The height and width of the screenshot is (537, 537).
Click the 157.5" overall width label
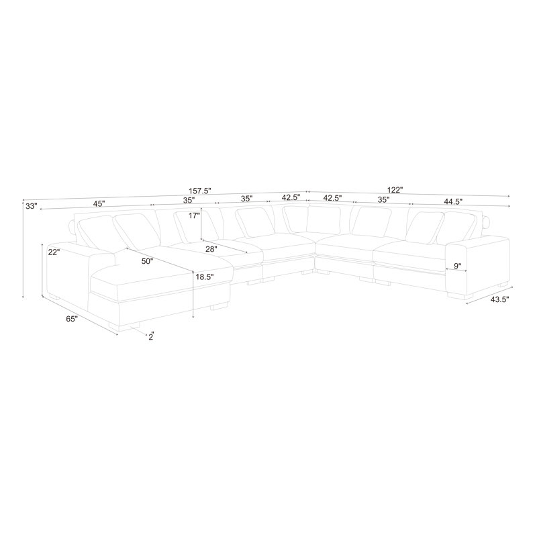(x=200, y=191)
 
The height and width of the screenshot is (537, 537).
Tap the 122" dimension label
(x=395, y=189)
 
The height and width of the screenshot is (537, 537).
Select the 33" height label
(x=31, y=207)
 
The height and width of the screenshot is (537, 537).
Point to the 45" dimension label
(x=99, y=204)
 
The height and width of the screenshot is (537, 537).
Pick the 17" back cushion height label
(x=194, y=215)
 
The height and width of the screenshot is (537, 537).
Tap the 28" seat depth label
(x=211, y=249)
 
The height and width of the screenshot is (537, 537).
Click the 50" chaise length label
(x=147, y=261)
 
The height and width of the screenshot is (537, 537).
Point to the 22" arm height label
(x=54, y=252)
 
